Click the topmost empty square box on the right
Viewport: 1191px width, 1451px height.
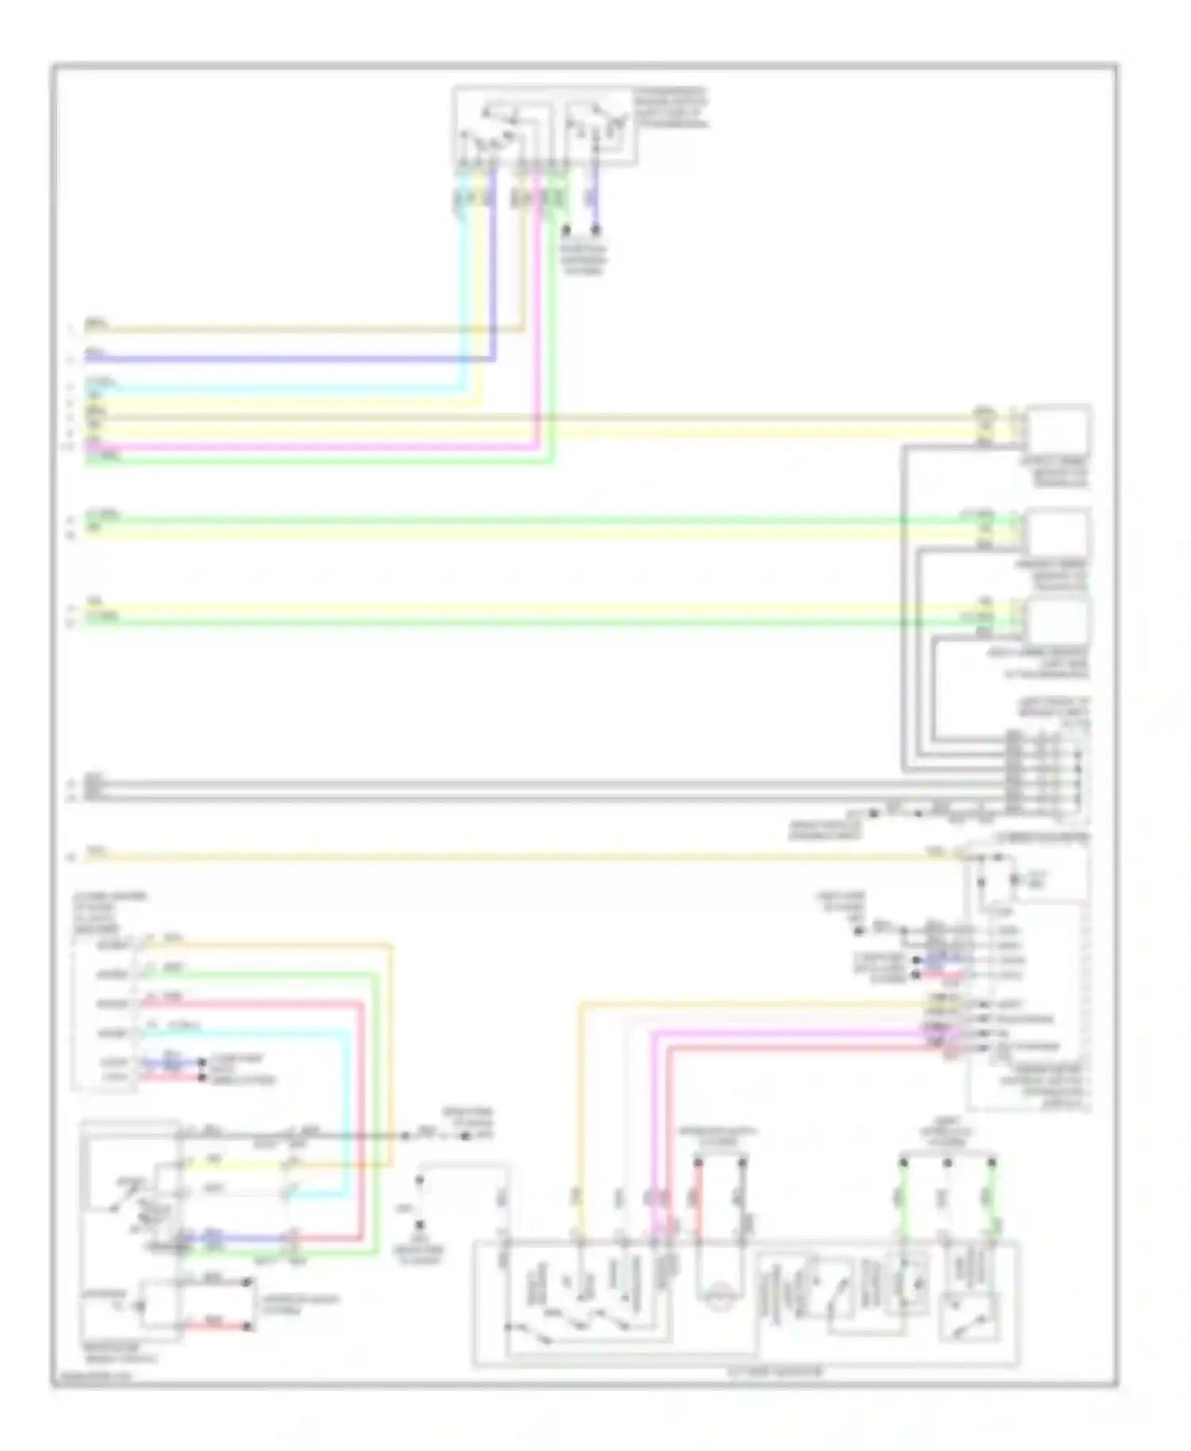click(x=1058, y=429)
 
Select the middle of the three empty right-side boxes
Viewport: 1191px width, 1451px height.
click(x=1058, y=533)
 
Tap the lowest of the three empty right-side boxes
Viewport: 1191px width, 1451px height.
click(x=1058, y=622)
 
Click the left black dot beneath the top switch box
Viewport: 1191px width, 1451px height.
click(x=566, y=231)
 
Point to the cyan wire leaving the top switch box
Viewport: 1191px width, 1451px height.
click(x=463, y=278)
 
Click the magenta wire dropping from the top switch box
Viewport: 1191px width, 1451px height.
click(x=538, y=318)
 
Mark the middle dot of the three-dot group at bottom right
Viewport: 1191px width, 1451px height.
click(x=947, y=1164)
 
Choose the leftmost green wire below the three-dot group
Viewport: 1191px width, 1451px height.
click(x=903, y=1199)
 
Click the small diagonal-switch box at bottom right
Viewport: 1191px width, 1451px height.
click(x=969, y=1317)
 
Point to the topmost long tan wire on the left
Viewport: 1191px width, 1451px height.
click(x=302, y=328)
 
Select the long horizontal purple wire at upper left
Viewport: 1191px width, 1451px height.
click(x=286, y=359)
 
